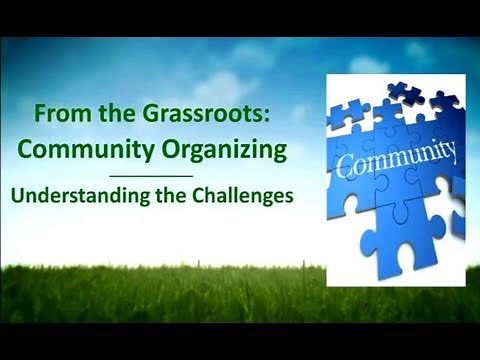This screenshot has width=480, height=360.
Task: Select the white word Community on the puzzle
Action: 396,159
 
